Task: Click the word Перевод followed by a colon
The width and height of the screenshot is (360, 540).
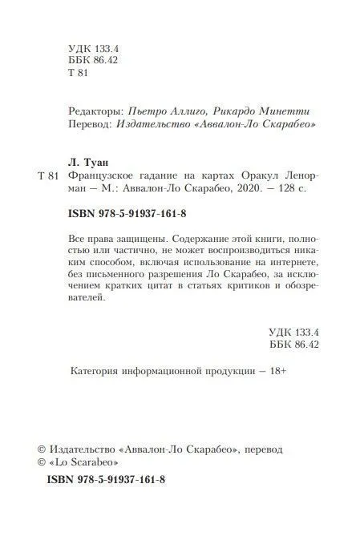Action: [x=84, y=126]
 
